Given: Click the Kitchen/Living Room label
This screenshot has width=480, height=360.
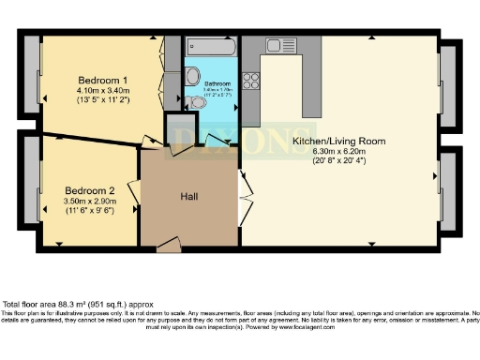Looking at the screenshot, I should click(336, 140).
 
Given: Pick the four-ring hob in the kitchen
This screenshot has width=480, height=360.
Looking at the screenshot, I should click(250, 81).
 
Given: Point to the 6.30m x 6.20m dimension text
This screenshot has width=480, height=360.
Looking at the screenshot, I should click(336, 151).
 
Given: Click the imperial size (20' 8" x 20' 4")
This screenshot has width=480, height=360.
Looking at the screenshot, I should click(336, 161).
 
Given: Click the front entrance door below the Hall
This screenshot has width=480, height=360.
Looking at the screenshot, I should click(169, 246).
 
